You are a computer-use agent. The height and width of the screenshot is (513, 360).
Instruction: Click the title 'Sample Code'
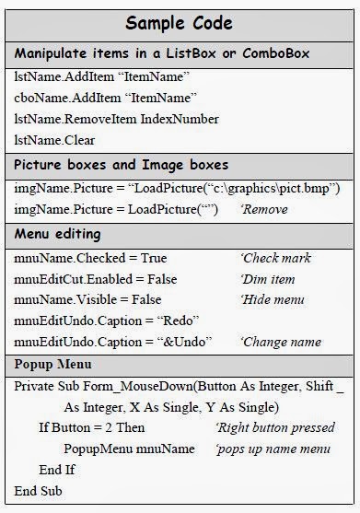coord(180,22)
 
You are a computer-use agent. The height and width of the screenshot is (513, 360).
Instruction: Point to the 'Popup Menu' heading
coord(53,365)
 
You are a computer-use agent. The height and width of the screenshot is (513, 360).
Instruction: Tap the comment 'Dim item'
coord(268,279)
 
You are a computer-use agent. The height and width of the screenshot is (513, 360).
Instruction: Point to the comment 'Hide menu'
coord(272,299)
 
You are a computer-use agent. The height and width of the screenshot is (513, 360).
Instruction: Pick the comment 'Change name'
coord(277,342)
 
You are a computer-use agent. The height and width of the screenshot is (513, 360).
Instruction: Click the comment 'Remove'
coord(265,210)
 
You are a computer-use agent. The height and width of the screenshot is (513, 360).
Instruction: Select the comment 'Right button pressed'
coord(275,428)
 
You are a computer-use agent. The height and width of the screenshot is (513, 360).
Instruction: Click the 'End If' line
coord(57,470)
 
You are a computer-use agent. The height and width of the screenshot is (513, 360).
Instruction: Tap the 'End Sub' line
coord(39,491)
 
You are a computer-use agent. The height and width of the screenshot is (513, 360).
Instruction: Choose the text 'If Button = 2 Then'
coord(92,428)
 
